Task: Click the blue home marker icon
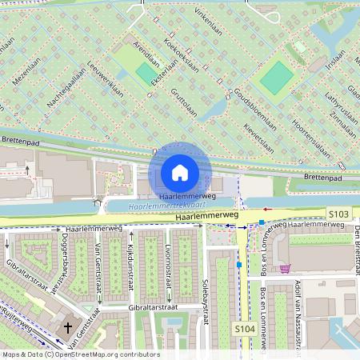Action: [x=180, y=172]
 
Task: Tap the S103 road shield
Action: [x=338, y=214]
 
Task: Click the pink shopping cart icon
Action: [x=285, y=269]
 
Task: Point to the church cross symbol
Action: [x=68, y=327]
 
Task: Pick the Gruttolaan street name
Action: [x=183, y=102]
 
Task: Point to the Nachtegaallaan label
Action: [x=66, y=90]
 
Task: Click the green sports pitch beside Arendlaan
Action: [x=146, y=74]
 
